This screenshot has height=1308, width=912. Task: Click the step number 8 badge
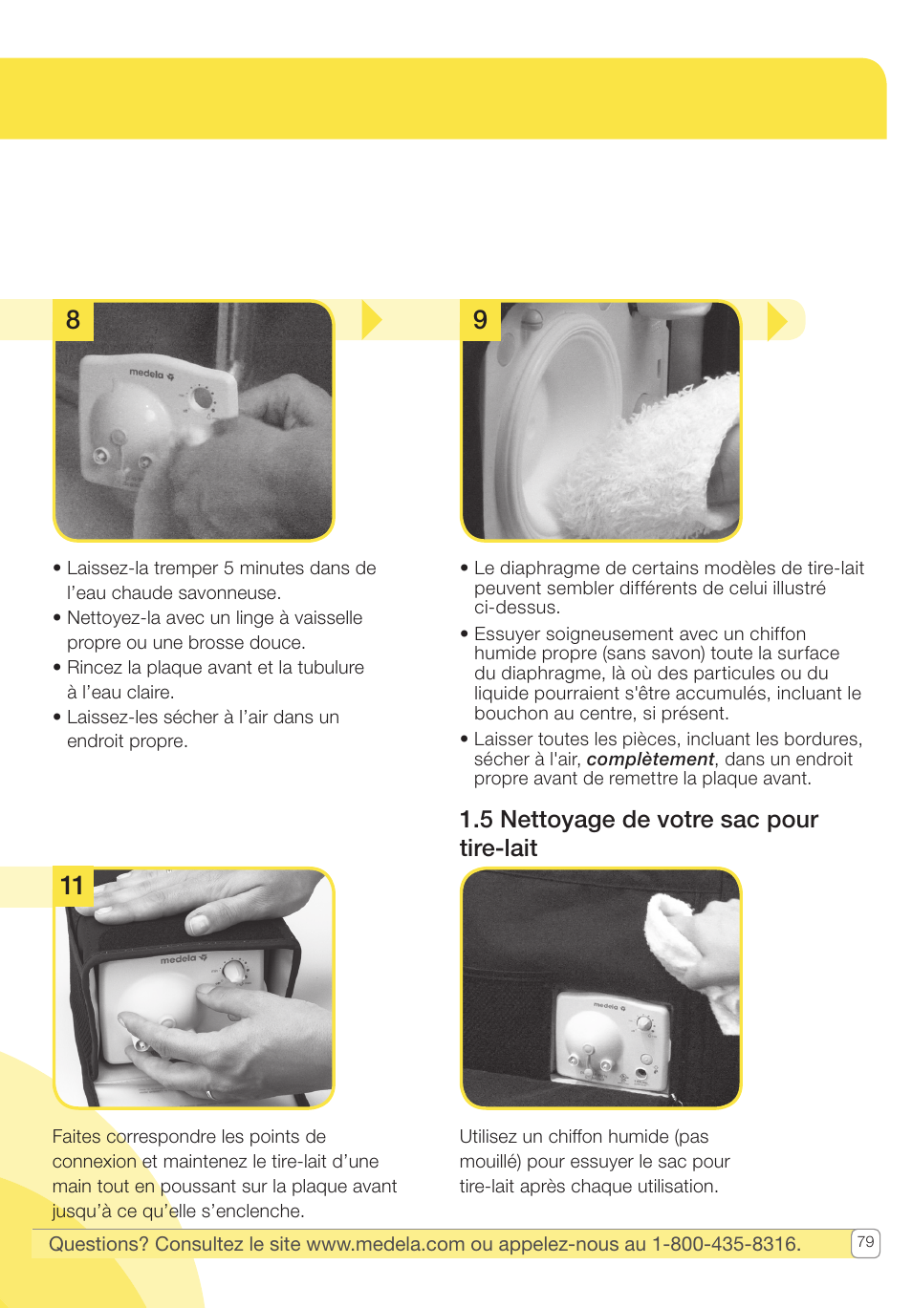click(73, 320)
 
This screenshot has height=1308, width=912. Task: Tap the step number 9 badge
click(480, 320)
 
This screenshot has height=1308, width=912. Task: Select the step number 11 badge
click(73, 886)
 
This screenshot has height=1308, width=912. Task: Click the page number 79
click(865, 1242)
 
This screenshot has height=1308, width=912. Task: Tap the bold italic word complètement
click(650, 760)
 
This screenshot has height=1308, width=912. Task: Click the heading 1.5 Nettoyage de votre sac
click(638, 833)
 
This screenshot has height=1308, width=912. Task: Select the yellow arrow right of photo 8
click(372, 320)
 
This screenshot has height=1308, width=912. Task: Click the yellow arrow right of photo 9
click(777, 320)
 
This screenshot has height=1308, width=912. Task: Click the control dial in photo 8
click(203, 397)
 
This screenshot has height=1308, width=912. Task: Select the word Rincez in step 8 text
click(94, 668)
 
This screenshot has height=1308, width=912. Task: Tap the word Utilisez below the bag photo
click(494, 1137)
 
